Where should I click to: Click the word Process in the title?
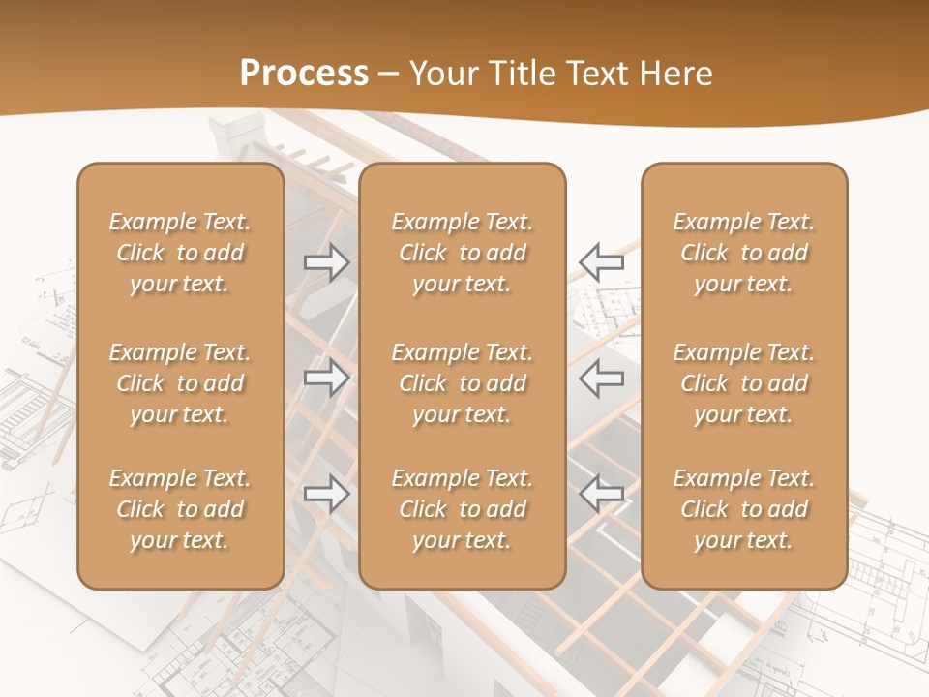tap(304, 74)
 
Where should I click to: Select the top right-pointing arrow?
tap(327, 261)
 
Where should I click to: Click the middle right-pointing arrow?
tap(327, 378)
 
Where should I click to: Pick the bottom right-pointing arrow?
tap(327, 494)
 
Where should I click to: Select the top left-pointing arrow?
tap(601, 261)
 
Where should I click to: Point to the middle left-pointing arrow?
tap(601, 378)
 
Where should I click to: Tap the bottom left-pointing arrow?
tap(601, 494)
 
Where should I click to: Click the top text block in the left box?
tap(180, 253)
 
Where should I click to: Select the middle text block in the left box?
tap(180, 383)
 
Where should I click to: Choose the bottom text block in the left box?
tap(180, 509)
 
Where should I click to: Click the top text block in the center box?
tap(463, 253)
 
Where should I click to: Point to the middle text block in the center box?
tap(463, 383)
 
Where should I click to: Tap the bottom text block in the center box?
tap(463, 509)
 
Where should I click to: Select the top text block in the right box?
tap(744, 253)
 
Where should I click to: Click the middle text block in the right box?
tap(744, 383)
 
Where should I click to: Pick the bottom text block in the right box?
tap(744, 509)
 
